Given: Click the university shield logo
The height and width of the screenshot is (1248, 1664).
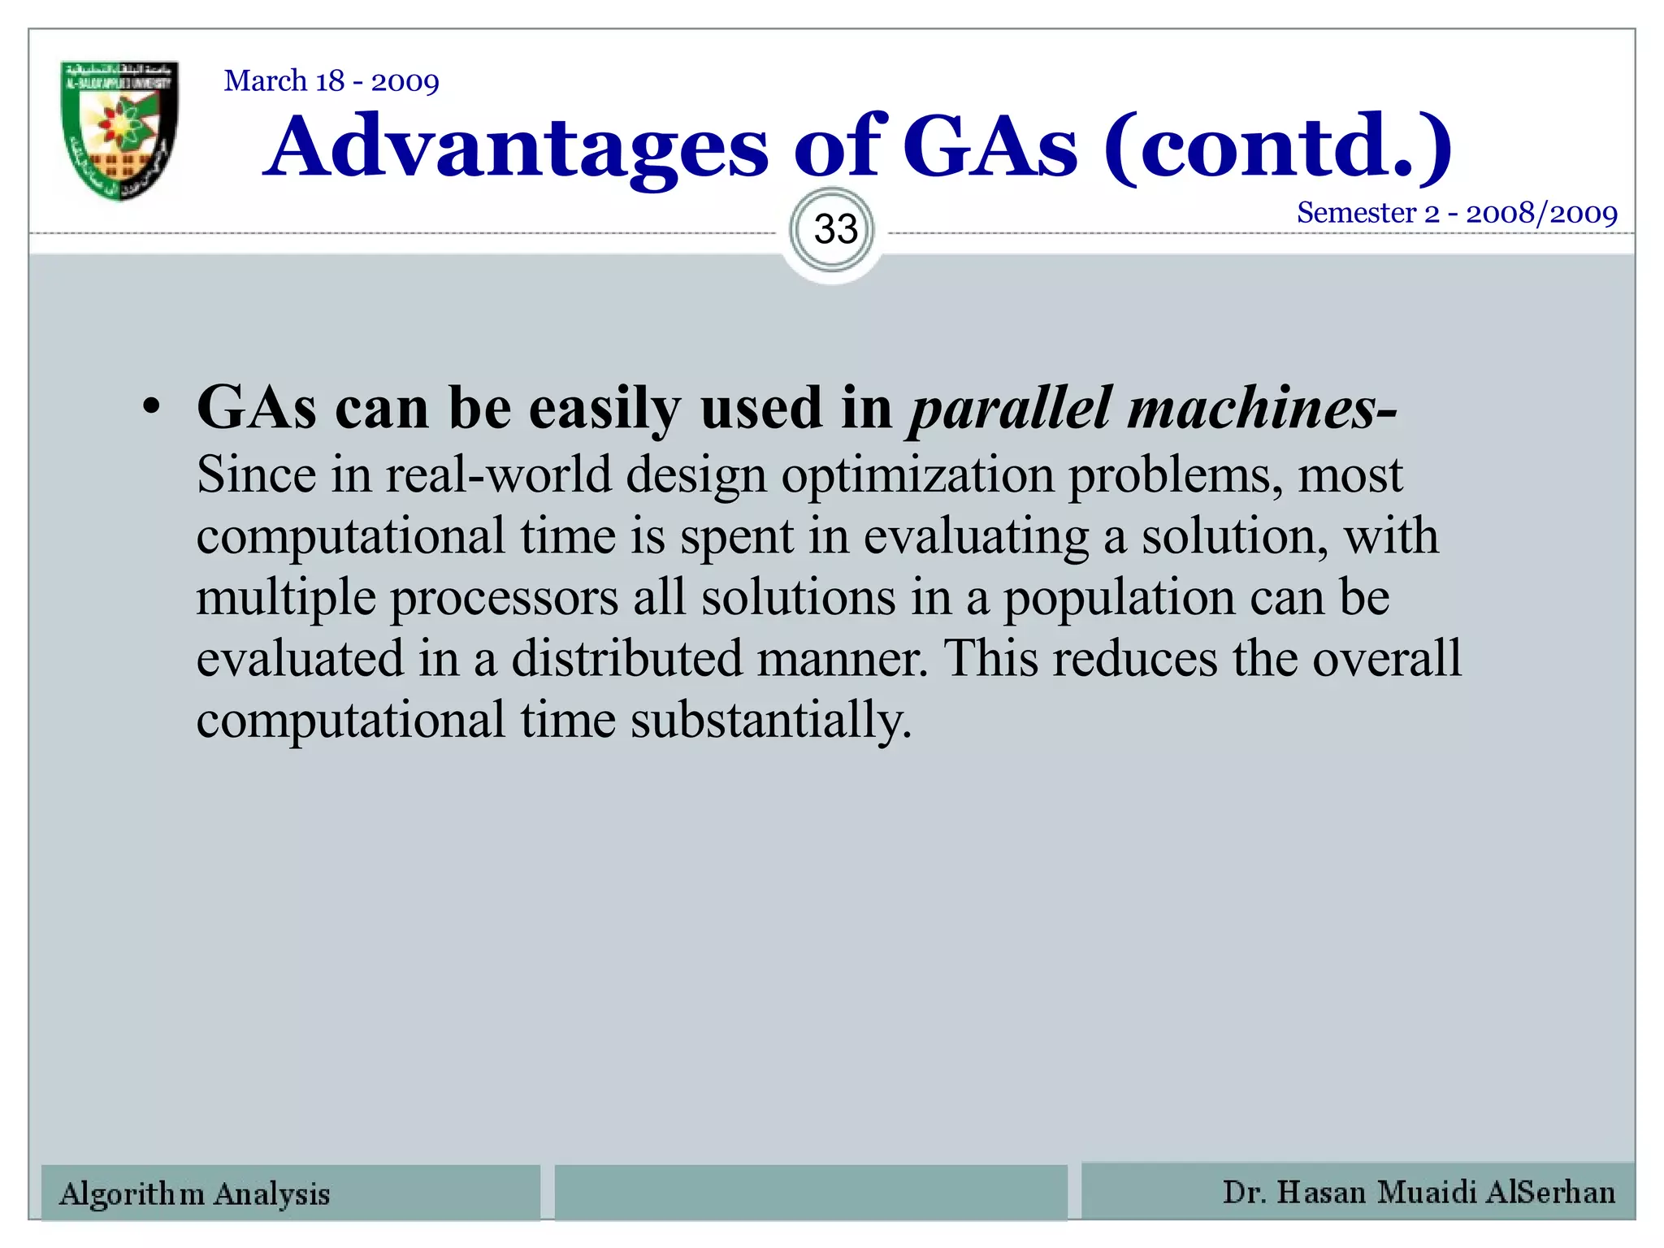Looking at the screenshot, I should (x=120, y=130).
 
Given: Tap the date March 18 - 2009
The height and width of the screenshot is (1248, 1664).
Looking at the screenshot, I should (x=331, y=81).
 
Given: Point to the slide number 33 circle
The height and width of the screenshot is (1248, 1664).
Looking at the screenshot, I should (x=835, y=230).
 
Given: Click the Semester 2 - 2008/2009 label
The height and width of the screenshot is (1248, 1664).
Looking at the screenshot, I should (x=1457, y=213).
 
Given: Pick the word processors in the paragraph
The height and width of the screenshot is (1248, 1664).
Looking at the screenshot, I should (x=504, y=599).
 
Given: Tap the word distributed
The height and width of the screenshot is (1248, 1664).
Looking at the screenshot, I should (x=626, y=659).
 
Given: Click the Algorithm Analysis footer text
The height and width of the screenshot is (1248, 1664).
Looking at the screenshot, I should (x=195, y=1194).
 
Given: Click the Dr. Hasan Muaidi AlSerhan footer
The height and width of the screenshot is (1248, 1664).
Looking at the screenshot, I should (x=1419, y=1192).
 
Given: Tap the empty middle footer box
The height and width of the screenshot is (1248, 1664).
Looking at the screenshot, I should (x=811, y=1192).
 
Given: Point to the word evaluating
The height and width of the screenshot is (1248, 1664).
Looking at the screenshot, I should (x=975, y=538).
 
